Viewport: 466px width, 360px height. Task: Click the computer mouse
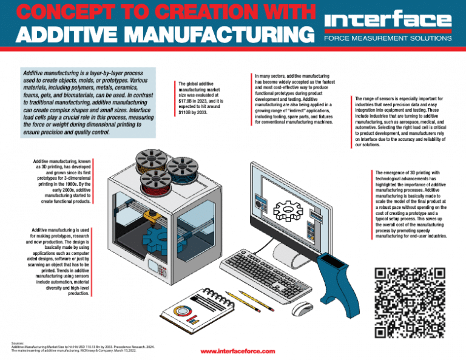pos(302,308)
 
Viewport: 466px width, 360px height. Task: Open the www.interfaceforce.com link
pos(237,351)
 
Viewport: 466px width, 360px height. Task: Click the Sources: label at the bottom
pos(18,343)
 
